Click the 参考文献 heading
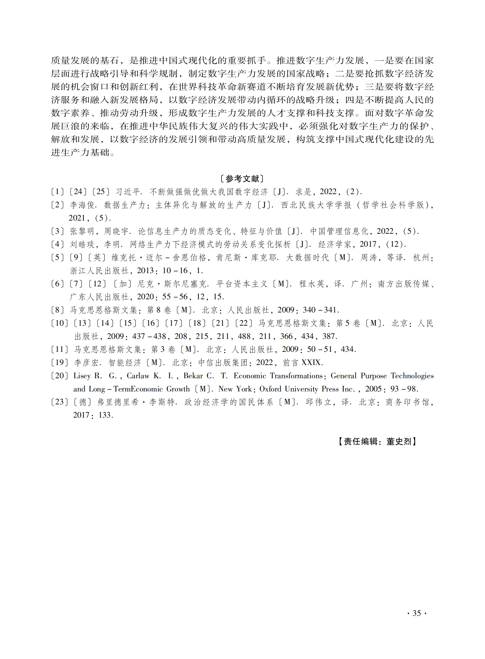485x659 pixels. (242, 179)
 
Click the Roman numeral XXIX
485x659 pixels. (312, 363)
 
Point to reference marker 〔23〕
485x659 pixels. (60, 402)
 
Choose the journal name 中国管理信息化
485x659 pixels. (339, 231)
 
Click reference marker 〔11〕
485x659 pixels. (60, 349)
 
